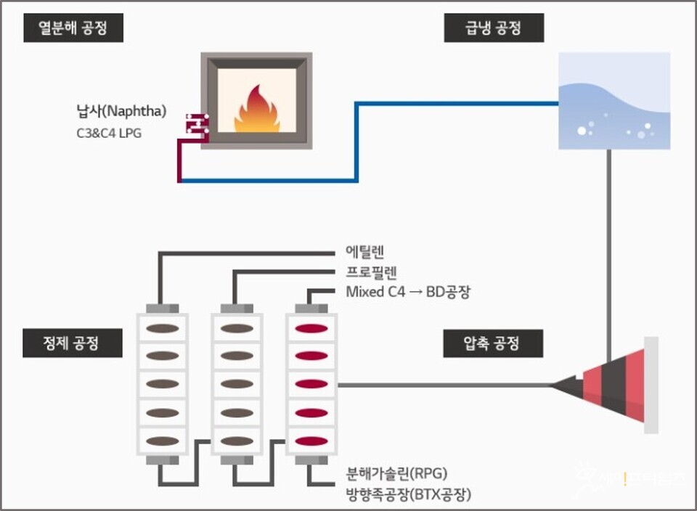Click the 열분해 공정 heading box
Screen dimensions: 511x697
click(x=73, y=30)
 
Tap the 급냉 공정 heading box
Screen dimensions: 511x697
click(x=494, y=30)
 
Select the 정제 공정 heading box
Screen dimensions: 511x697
click(x=72, y=343)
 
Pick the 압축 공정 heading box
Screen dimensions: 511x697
click(x=494, y=343)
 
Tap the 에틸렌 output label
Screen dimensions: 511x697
click(x=365, y=252)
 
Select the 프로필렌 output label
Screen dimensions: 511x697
click(x=370, y=272)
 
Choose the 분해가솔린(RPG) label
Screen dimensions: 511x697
click(x=397, y=474)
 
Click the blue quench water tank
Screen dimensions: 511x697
click(x=614, y=102)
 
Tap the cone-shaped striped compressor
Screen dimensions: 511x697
click(x=610, y=385)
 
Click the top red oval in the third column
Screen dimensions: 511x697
click(x=311, y=328)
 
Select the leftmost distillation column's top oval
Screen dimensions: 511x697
click(x=163, y=328)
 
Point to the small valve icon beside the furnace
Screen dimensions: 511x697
click(x=196, y=125)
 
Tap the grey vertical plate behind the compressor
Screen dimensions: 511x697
click(x=651, y=385)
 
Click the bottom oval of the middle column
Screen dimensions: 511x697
click(x=237, y=441)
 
